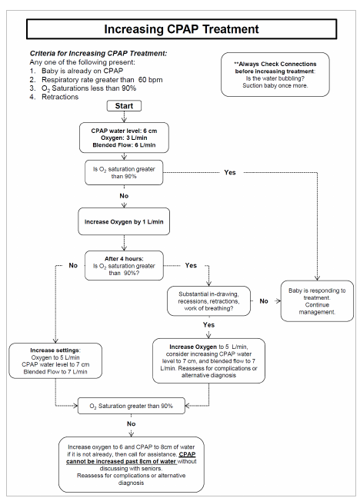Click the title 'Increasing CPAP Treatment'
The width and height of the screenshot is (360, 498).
tap(182, 29)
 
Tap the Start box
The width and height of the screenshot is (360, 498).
tap(124, 106)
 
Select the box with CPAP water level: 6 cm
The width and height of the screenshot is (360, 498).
tap(124, 138)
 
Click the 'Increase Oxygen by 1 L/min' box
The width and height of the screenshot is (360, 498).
tap(124, 221)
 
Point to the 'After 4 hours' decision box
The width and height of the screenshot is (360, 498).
tap(124, 265)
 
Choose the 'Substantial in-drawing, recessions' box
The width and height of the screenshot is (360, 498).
tap(208, 301)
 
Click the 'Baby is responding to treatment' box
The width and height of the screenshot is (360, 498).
tap(317, 301)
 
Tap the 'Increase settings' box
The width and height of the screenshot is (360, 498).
tap(55, 360)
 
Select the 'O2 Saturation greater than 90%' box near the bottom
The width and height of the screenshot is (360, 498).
tap(132, 406)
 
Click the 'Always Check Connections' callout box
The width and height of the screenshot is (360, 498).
tap(275, 75)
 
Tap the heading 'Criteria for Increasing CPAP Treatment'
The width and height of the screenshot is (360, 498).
tap(98, 53)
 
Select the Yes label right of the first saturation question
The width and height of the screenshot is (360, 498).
tap(229, 172)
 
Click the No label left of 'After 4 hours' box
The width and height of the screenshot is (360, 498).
tap(73, 265)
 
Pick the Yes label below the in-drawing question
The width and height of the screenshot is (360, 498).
tap(208, 324)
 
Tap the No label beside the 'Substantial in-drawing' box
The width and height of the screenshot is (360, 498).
tap(264, 301)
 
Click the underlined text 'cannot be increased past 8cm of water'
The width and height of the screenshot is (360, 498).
tap(122, 461)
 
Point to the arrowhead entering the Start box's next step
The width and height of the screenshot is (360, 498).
tap(124, 121)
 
